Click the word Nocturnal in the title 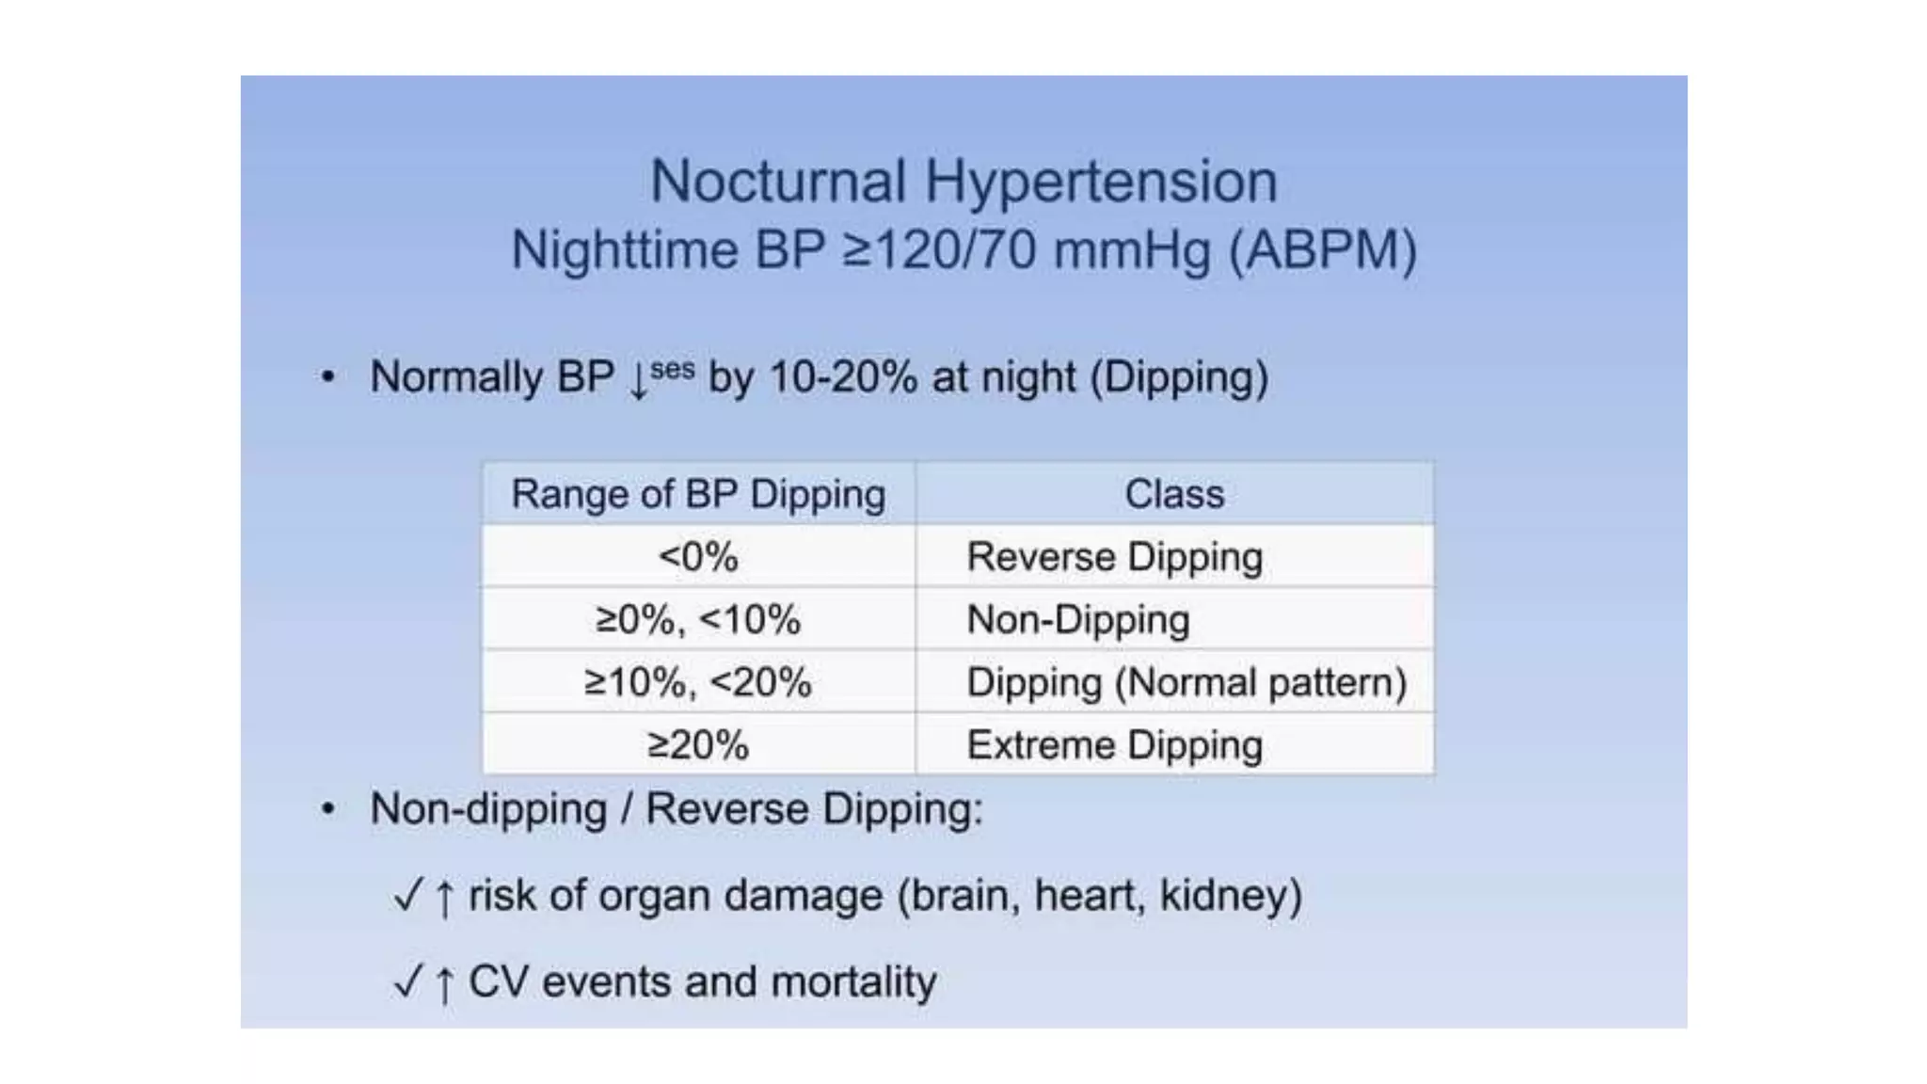777,181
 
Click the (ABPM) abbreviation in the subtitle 1323,251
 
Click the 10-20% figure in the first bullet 843,377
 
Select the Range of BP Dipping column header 698,494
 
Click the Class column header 1174,494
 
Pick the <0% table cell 698,556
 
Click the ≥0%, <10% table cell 698,619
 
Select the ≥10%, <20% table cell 698,682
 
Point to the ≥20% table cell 698,745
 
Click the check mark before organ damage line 408,895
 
